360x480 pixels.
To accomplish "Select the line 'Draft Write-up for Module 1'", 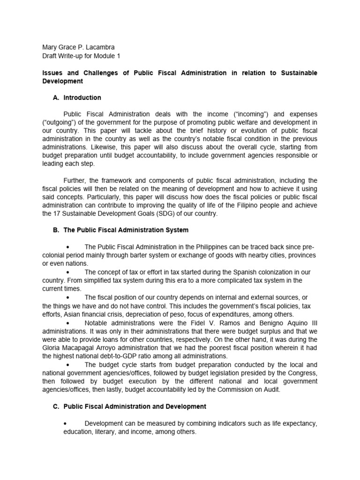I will coord(81,56).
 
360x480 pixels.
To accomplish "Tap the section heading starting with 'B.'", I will coord(121,230).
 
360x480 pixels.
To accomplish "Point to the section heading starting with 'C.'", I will coord(130,406).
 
